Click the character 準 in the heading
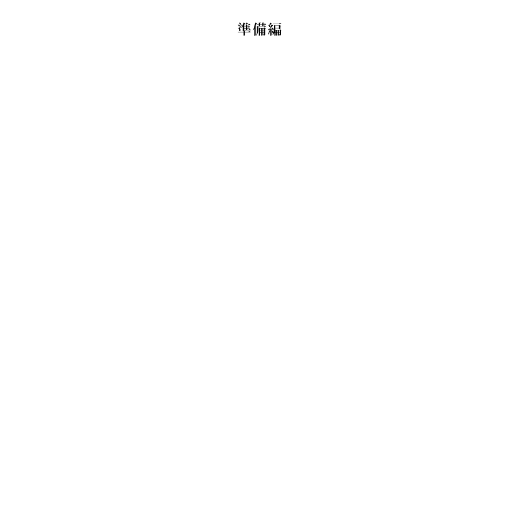coord(245,29)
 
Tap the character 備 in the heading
coord(260,29)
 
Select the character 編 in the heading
coord(275,29)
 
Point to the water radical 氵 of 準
coord(240,26)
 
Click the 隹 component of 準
coord(247,26)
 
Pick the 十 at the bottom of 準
coord(245,33)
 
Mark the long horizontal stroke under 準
coord(245,32)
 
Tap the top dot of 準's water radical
coord(240,24)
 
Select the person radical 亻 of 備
coord(255,29)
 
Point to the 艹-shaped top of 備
coord(262,24)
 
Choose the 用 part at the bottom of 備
coord(262,32)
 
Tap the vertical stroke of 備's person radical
coord(256,31)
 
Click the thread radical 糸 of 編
coord(271,29)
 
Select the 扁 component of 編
coord(277,29)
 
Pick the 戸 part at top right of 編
coord(277,25)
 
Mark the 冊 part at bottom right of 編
coord(278,32)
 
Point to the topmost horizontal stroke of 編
coord(277,24)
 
